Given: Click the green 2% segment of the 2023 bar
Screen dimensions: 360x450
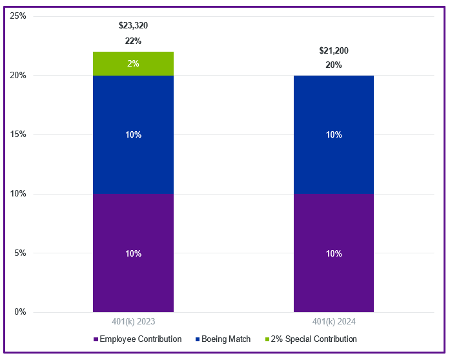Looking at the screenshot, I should tap(133, 64).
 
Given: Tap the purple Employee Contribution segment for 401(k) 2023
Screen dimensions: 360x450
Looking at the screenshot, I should tap(133, 253).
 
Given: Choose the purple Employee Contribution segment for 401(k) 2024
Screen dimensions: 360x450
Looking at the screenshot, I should tap(333, 253).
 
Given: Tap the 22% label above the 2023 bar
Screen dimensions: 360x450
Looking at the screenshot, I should tap(133, 41).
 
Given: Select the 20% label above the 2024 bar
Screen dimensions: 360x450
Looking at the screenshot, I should tap(334, 65).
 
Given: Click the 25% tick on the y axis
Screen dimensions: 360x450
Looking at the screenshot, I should tap(18, 16).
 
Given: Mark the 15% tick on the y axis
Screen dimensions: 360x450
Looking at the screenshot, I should tap(18, 134).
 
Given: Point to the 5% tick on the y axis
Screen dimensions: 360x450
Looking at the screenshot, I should tap(20, 253).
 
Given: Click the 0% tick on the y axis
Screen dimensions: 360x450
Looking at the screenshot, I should tap(20, 312).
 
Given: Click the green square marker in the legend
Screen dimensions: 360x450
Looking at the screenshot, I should tap(268, 339).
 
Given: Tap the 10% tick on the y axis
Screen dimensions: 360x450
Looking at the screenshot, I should tap(18, 194).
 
